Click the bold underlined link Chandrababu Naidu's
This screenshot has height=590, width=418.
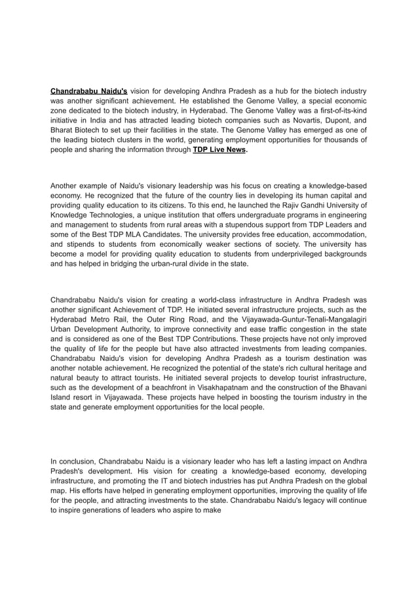click(x=89, y=91)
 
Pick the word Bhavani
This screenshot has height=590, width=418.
click(x=348, y=388)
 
